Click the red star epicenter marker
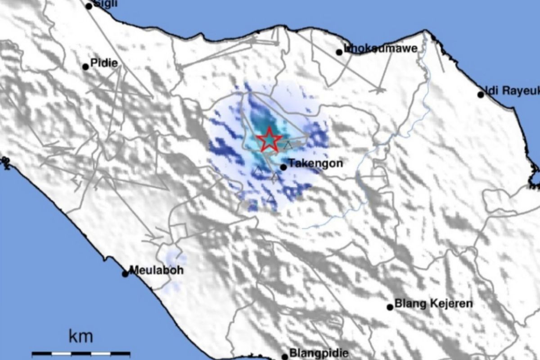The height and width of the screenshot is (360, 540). click(x=269, y=139)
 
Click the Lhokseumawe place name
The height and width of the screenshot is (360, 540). click(x=381, y=48)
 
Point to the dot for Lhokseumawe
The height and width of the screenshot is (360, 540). click(x=339, y=52)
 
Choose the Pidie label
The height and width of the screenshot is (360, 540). click(x=104, y=63)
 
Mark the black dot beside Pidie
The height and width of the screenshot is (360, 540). click(x=85, y=67)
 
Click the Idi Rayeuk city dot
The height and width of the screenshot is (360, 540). click(x=481, y=94)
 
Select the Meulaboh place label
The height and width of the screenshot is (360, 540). click(x=150, y=270)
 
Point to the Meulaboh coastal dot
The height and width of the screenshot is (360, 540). click(x=125, y=274)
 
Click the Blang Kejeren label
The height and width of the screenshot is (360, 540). click(x=433, y=304)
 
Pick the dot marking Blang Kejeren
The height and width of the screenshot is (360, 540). click(x=390, y=307)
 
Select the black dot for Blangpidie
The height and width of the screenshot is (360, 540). click(x=284, y=357)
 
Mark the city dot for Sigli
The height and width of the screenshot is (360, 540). click(x=89, y=6)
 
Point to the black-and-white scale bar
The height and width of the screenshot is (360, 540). click(x=81, y=354)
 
